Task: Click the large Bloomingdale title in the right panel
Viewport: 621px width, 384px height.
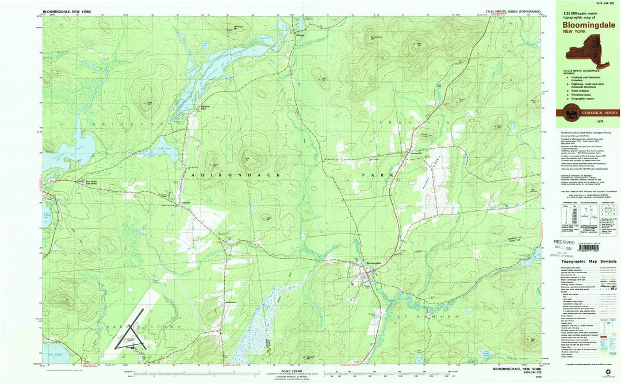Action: [588, 25]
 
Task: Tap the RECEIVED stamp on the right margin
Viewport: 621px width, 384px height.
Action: [565, 243]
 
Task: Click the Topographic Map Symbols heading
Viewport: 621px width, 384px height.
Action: [588, 261]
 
